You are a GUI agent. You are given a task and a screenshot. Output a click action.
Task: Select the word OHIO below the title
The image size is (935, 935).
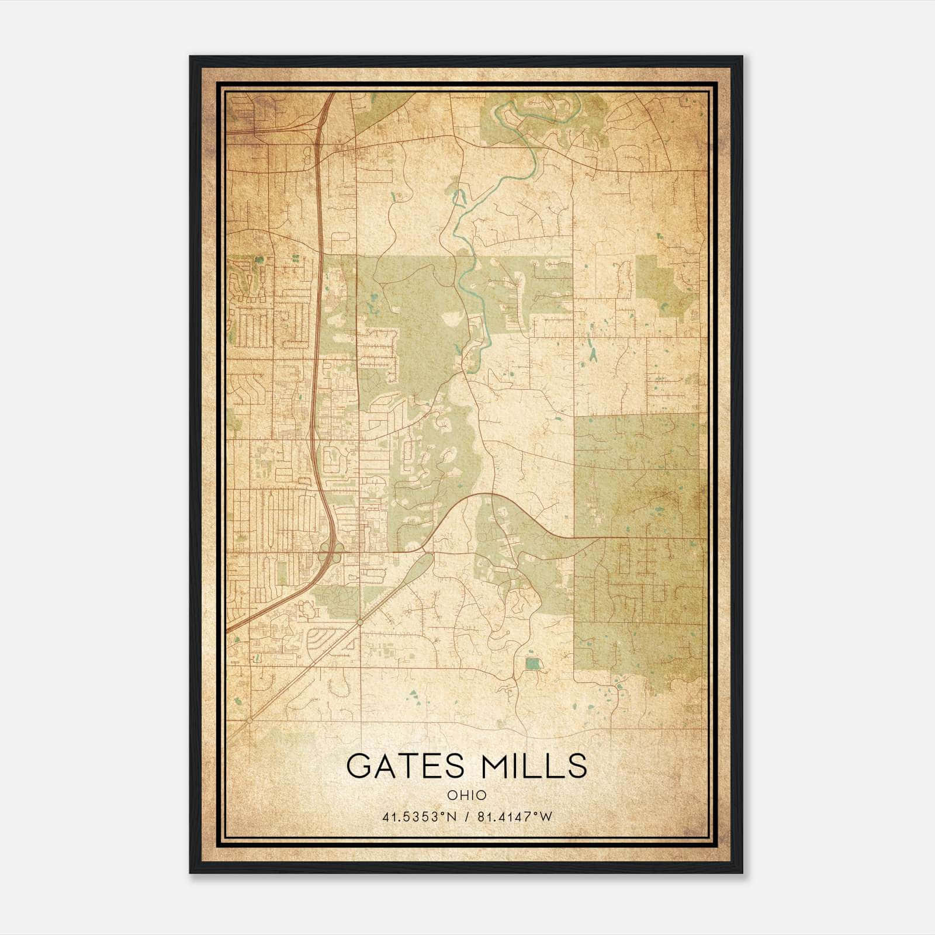coord(466,795)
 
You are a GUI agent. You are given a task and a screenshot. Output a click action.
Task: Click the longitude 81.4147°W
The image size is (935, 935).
coord(514,817)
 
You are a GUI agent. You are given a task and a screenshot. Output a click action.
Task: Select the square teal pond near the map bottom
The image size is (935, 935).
coord(532,663)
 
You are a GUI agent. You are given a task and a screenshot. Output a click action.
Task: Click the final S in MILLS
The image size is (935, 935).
coord(577,766)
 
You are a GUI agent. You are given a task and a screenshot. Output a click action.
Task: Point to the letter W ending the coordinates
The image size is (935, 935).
coord(546,817)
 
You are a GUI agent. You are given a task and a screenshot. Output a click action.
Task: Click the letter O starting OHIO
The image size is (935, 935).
coord(452,795)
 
